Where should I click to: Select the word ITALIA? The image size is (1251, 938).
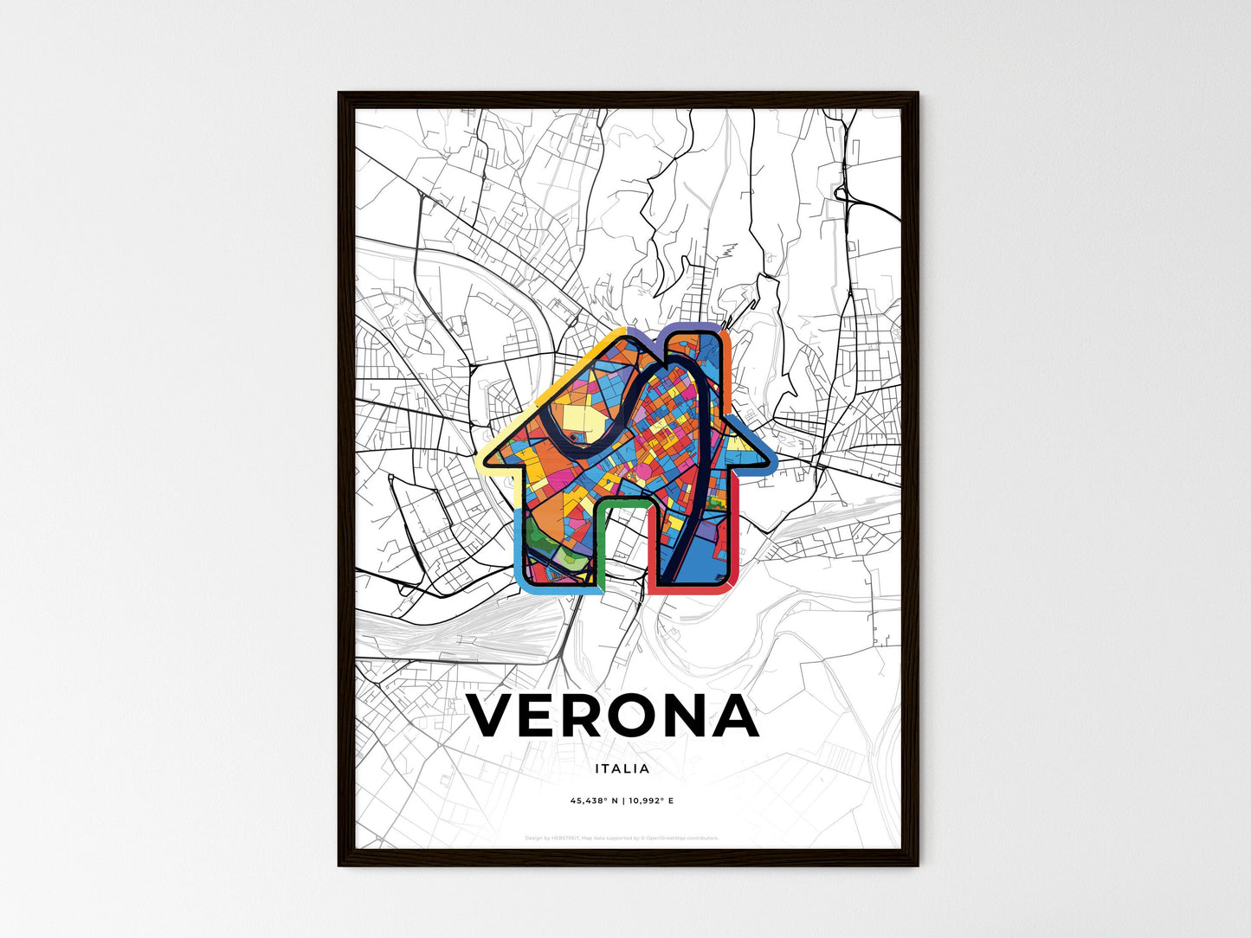tap(622, 768)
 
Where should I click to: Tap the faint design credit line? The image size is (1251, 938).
tap(622, 838)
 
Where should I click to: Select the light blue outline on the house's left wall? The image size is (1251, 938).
tap(519, 545)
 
